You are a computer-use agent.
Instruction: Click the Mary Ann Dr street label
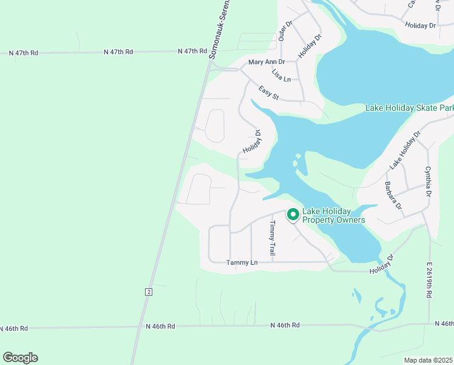(x=266, y=62)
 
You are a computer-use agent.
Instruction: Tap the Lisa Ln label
(x=281, y=76)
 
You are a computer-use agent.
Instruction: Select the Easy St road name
(x=268, y=93)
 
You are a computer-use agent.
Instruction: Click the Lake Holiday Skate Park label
(x=409, y=108)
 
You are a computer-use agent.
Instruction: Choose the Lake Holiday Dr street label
(x=405, y=150)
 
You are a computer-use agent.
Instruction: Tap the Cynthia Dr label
(x=428, y=181)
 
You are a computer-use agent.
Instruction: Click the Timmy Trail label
(x=273, y=237)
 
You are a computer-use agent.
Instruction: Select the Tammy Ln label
(x=242, y=263)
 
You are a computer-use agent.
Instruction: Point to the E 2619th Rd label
(x=429, y=280)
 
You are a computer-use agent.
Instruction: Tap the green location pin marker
(x=293, y=215)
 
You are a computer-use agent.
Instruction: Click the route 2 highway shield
(x=148, y=292)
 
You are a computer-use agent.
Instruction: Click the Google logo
(x=20, y=358)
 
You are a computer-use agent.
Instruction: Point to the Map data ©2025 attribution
(x=429, y=360)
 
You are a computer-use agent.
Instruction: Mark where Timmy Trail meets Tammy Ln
(x=272, y=262)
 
